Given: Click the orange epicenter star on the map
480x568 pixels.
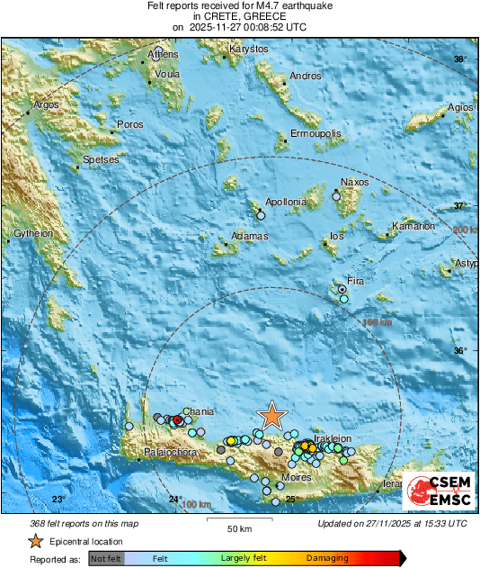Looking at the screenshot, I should tap(271, 415).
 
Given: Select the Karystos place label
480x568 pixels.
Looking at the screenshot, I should tap(249, 49).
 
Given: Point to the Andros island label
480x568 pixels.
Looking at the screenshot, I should tap(306, 77).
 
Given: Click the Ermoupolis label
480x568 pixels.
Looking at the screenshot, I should tap(316, 134).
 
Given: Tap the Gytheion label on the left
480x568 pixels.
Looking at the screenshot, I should tap(32, 234).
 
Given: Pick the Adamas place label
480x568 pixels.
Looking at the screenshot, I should tap(250, 237).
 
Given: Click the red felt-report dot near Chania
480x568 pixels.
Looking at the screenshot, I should tap(177, 420).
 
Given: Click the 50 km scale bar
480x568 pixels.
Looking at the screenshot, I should tap(238, 519).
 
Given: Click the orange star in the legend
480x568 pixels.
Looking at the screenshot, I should tap(35, 541).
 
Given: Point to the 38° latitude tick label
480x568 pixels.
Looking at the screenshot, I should tap(460, 59).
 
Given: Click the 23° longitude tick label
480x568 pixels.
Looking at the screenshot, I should tap(58, 499).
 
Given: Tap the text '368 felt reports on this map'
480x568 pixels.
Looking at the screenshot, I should tap(85, 523).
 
